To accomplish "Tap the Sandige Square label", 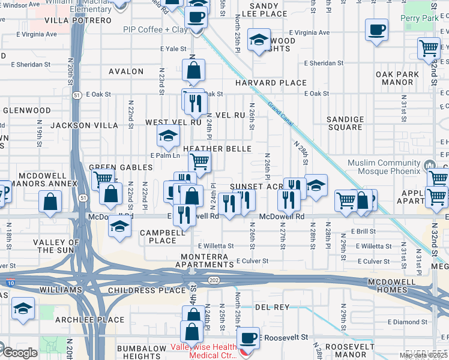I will pos(345,124).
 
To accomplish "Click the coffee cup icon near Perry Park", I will pos(376,31).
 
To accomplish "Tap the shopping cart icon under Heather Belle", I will pos(199,161).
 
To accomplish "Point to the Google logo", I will pos(19,353).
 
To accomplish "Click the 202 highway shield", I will pos(214,280).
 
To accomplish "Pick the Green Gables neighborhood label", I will pos(110,167).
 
